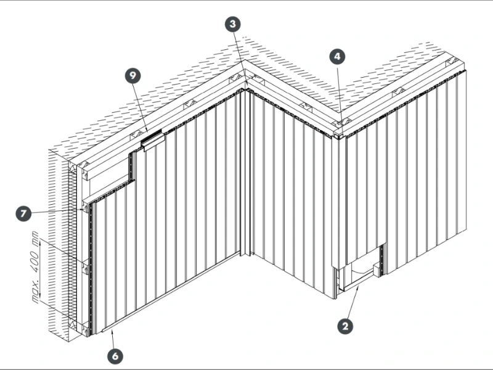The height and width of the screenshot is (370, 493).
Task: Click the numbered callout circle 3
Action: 233,24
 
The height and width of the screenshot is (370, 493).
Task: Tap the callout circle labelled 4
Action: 337,57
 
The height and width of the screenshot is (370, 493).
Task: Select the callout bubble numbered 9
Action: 132,75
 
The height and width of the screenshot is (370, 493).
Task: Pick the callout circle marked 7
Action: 23,213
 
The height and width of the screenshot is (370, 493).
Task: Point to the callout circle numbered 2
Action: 345,326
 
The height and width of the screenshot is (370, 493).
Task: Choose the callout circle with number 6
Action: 115,356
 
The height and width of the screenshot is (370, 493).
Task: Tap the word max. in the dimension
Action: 36,292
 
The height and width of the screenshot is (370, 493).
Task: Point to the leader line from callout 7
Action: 57,212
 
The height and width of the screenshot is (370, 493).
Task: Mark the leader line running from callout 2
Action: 353,303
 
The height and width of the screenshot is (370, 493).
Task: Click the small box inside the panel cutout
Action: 377,270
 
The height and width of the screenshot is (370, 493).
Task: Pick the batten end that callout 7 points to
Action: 84,207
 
